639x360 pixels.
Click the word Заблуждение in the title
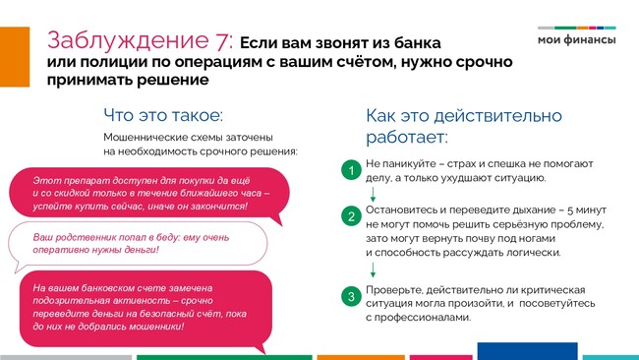(x=128, y=40)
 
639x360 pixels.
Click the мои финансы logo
(x=577, y=36)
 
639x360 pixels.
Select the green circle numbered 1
(x=351, y=170)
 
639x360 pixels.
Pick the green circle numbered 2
(x=351, y=216)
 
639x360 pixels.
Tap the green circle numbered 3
(x=351, y=296)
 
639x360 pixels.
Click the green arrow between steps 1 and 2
(x=373, y=195)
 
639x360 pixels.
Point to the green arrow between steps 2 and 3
(x=373, y=270)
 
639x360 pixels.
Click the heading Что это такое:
(x=163, y=115)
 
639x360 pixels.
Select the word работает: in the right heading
(x=407, y=137)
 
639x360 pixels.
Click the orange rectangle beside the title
(x=15, y=57)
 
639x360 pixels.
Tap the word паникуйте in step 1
(x=409, y=164)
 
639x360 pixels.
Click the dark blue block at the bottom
(x=527, y=351)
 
